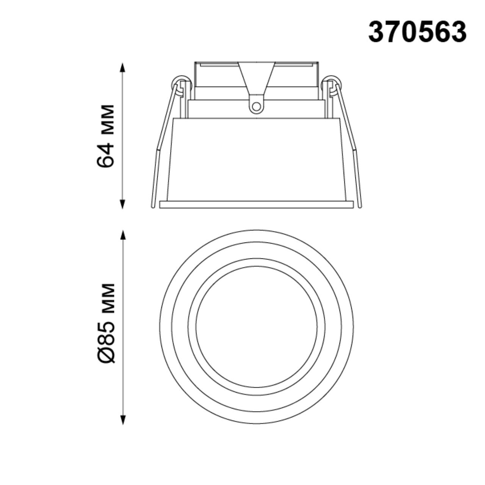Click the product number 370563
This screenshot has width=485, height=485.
(417, 32)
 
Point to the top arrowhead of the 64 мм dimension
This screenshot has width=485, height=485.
(122, 67)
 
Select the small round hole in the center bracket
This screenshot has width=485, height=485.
(256, 106)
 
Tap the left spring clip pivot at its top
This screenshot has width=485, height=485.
(180, 83)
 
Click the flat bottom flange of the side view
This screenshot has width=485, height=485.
(256, 205)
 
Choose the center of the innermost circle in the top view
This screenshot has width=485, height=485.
(256, 327)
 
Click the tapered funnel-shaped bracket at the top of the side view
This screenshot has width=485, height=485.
(256, 78)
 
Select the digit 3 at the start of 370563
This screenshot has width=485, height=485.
(377, 32)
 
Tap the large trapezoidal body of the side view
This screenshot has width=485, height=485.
(256, 159)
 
